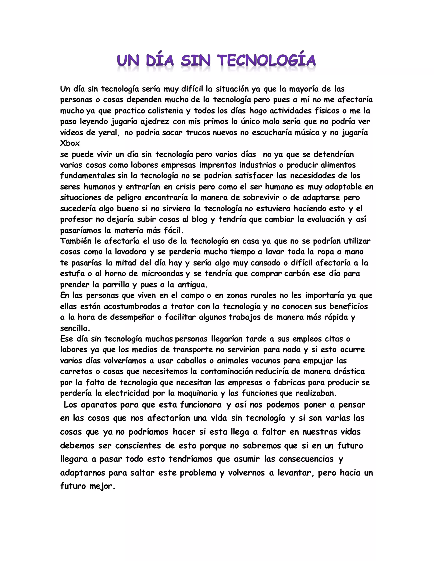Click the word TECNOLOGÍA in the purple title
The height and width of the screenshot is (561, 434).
coord(267,60)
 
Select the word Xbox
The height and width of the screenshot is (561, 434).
coord(70,143)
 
